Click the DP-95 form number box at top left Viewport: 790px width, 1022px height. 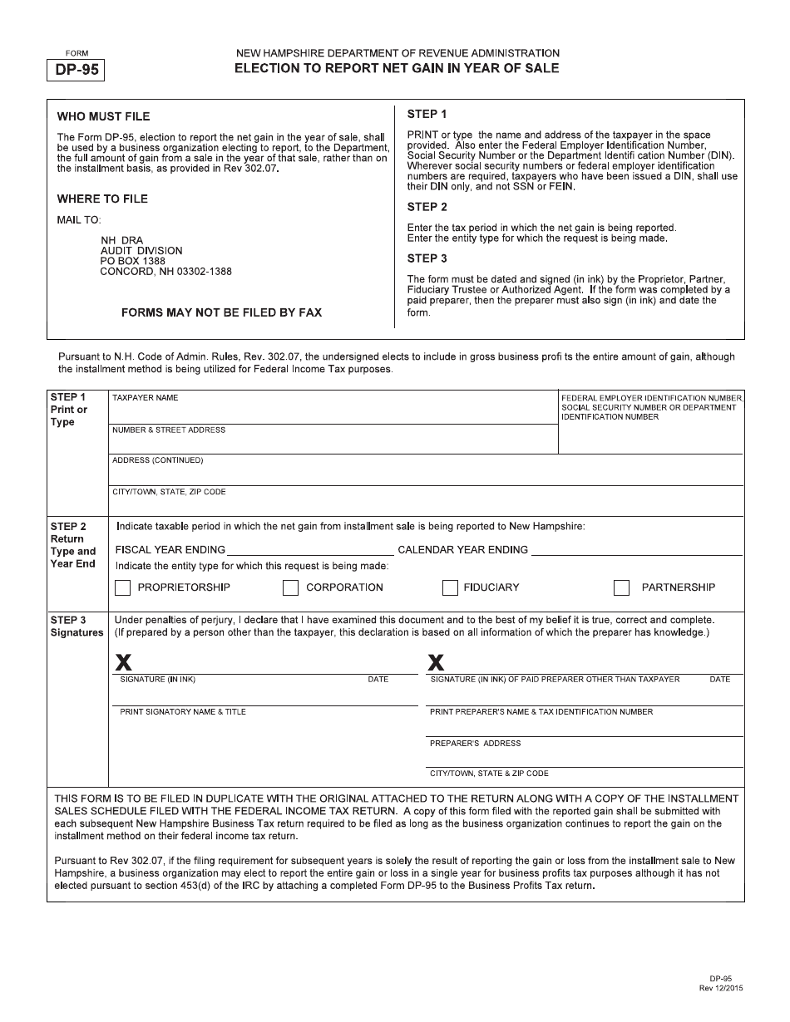pos(77,70)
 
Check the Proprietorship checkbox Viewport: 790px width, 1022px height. pos(123,587)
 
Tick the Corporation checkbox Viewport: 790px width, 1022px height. pos(290,587)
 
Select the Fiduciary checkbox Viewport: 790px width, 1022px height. pos(450,587)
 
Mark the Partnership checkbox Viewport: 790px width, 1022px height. pos(621,587)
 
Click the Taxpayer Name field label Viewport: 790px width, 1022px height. pos(146,398)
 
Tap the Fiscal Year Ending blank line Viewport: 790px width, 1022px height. pos(310,549)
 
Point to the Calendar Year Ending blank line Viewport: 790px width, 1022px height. pos(636,549)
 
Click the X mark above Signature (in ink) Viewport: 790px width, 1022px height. pos(123,662)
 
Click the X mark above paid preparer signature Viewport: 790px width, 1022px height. pos(436,662)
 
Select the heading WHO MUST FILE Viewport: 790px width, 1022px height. pos(103,116)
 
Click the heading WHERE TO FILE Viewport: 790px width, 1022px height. pos(102,199)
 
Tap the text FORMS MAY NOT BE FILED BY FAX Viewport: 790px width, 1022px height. pos(221,312)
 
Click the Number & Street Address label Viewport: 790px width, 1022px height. pos(169,430)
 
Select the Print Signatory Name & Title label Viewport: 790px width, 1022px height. pos(183,712)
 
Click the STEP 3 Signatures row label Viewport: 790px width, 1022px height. pos(77,626)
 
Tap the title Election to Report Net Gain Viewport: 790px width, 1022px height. pos(397,68)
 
